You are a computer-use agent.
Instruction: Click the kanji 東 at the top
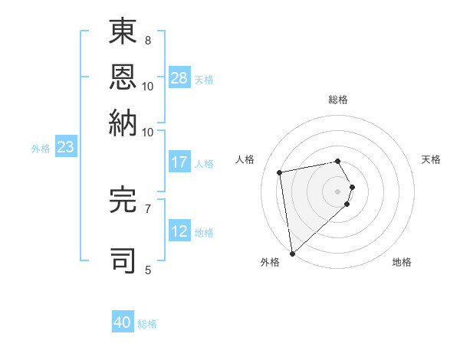coord(123,33)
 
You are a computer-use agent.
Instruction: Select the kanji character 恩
coord(123,78)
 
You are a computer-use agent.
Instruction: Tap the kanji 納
coord(123,123)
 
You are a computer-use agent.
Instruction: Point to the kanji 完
coord(123,200)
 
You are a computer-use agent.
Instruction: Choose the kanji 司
coord(123,260)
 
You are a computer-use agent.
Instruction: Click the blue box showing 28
coord(179,79)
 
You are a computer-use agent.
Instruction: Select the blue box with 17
coord(179,162)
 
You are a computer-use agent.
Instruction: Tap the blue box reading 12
coord(179,232)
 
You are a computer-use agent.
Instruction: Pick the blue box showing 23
coord(65,148)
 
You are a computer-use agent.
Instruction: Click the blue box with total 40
coord(123,322)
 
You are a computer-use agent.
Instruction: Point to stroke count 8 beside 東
coord(147,40)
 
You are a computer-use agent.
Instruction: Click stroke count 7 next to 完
coord(147,208)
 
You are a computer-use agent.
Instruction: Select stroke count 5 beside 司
coord(147,269)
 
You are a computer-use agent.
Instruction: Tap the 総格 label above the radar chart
coord(338,100)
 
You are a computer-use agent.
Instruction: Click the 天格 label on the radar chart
coord(431,159)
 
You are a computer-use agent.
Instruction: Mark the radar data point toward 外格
coord(292,254)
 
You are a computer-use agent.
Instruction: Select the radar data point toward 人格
coord(280,172)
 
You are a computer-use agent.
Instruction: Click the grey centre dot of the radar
coord(338,191)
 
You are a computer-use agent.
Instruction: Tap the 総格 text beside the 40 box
coord(147,324)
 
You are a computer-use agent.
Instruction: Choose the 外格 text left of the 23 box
coord(41,149)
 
